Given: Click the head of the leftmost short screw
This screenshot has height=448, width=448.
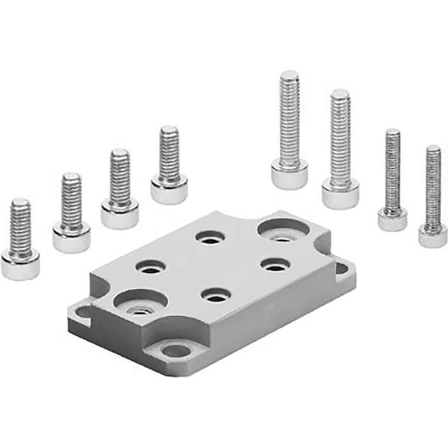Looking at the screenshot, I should pyautogui.click(x=20, y=265).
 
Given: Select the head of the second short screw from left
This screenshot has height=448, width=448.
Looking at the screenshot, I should pyautogui.click(x=71, y=237).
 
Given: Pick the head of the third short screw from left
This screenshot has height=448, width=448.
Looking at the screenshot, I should pyautogui.click(x=120, y=213).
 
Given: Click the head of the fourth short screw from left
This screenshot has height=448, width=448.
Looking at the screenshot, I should pyautogui.click(x=169, y=189).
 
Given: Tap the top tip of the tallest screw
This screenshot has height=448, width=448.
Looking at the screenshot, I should pyautogui.click(x=289, y=76).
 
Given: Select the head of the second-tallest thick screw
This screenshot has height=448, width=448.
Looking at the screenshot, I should pyautogui.click(x=340, y=194).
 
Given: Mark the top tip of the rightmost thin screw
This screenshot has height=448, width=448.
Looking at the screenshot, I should pyautogui.click(x=433, y=150).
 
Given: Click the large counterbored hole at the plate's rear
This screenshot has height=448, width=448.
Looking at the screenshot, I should pyautogui.click(x=280, y=230).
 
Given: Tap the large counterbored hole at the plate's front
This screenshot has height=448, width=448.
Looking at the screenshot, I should pyautogui.click(x=141, y=303).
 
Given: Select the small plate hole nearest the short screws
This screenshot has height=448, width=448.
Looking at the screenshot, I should pyautogui.click(x=210, y=237).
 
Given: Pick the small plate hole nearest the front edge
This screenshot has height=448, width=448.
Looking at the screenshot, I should pyautogui.click(x=216, y=295).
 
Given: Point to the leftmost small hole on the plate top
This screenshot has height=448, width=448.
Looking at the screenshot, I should pyautogui.click(x=151, y=266).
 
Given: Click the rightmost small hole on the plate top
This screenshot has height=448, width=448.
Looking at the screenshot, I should pyautogui.click(x=275, y=264).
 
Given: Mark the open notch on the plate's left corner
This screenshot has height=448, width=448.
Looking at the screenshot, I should pyautogui.click(x=82, y=313).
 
